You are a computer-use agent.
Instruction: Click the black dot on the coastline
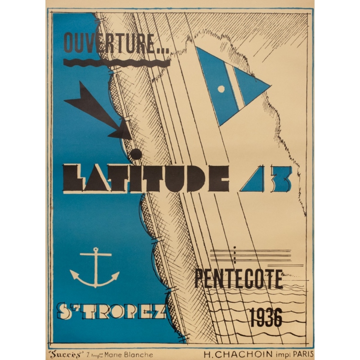pyautogui.click(x=135, y=154)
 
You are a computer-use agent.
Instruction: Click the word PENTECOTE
pyautogui.click(x=239, y=279)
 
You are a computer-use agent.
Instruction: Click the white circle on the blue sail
pyautogui.click(x=221, y=89)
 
